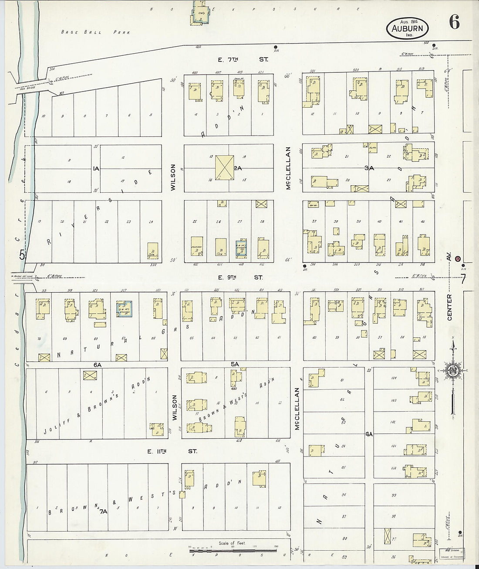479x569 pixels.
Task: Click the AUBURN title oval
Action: point(407,29)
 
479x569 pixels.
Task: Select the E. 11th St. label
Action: point(175,451)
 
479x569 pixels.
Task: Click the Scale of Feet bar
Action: point(233,551)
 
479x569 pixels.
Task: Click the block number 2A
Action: point(237,167)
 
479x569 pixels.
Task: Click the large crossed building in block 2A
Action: point(226,167)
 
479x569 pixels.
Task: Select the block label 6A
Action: point(96,364)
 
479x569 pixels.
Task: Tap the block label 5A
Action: point(235,364)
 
